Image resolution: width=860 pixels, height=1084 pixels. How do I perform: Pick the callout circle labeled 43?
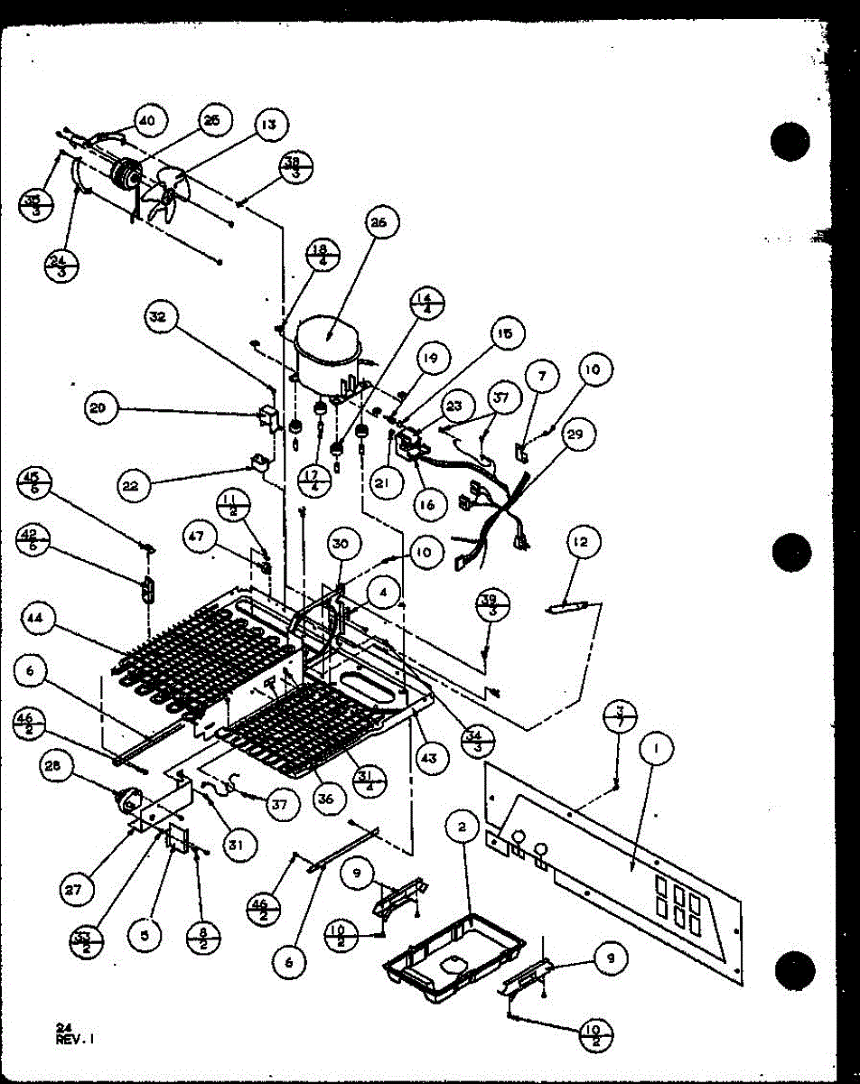tap(428, 759)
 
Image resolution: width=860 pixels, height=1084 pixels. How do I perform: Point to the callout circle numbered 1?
tap(657, 748)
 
